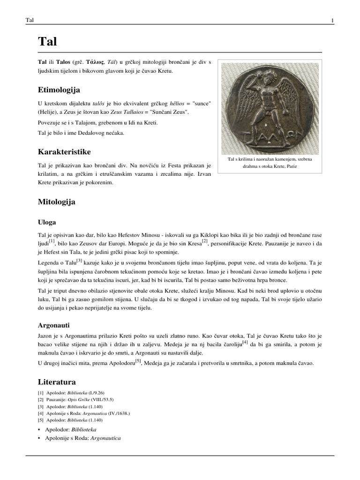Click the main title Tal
[47, 42]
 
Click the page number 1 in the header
[332, 20]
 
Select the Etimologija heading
[59, 90]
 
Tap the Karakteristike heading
[64, 152]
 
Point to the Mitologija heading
[56, 202]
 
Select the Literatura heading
[56, 382]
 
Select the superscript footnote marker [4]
[245, 342]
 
